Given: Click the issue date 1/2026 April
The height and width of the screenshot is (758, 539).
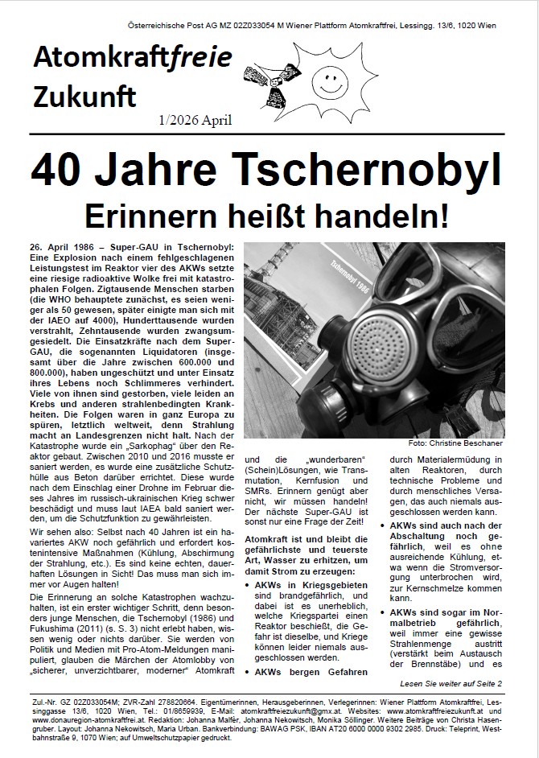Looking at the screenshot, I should click(x=195, y=121).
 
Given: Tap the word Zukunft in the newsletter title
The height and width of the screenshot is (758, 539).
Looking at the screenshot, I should click(x=84, y=97).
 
